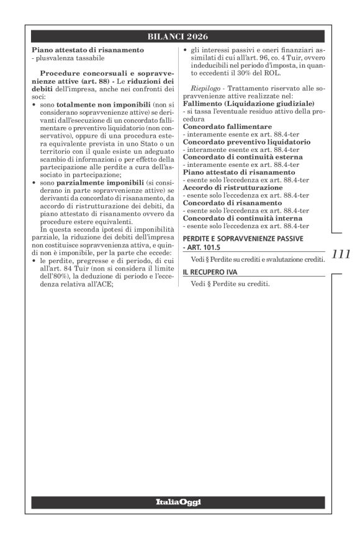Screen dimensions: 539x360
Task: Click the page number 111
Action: coord(341,253)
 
